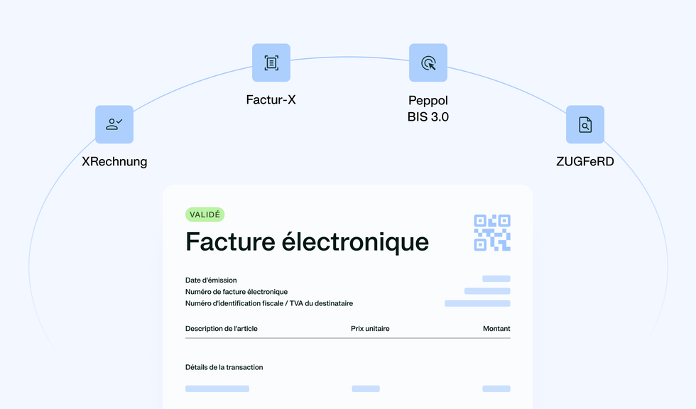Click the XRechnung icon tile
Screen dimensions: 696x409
tap(114, 124)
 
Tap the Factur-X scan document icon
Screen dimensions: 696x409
tap(271, 62)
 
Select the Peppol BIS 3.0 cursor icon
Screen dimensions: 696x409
tap(428, 62)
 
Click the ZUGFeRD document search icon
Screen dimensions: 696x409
tap(585, 124)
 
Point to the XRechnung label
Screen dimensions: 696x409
tap(114, 161)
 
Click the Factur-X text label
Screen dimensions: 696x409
tap(271, 100)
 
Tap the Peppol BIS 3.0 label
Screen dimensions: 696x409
tap(428, 109)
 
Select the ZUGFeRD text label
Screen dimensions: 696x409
tap(585, 161)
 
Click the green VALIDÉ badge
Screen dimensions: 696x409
tap(205, 214)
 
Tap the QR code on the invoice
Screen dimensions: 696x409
tap(492, 233)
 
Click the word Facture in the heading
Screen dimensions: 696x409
tap(230, 241)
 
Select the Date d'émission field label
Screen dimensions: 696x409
tap(211, 280)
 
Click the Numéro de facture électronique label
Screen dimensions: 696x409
tap(236, 292)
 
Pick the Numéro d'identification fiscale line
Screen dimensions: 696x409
tap(269, 303)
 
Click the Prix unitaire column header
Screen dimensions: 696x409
tap(370, 329)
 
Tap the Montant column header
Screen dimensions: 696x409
tap(496, 329)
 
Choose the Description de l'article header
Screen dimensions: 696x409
tap(221, 329)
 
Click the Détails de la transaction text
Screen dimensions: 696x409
tap(224, 367)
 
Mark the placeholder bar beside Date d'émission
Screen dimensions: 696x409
tap(496, 278)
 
